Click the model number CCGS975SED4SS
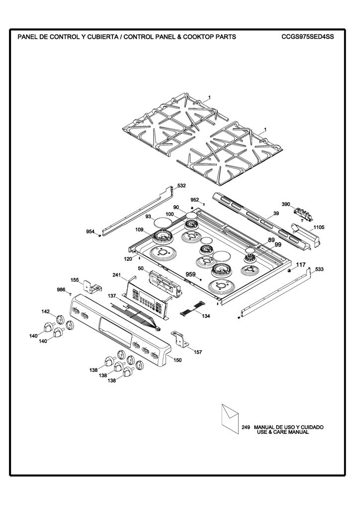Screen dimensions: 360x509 [x=307, y=37]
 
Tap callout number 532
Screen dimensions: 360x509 [x=181, y=186]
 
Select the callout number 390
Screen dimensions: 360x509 [x=285, y=204]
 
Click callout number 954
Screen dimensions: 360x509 [x=90, y=232]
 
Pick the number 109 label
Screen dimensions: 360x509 [x=139, y=230]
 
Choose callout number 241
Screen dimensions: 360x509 [x=116, y=275]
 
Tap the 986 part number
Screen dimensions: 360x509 [x=61, y=290]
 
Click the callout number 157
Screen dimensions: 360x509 [x=198, y=352]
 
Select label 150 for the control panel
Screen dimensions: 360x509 [x=178, y=360]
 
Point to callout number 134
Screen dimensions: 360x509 [x=206, y=316]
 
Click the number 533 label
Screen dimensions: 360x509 [x=319, y=269]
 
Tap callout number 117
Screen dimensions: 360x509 [x=301, y=265]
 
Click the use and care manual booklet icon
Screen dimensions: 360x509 [x=230, y=419]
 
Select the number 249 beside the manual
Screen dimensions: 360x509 [x=246, y=427]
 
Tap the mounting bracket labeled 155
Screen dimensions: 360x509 [x=92, y=286]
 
